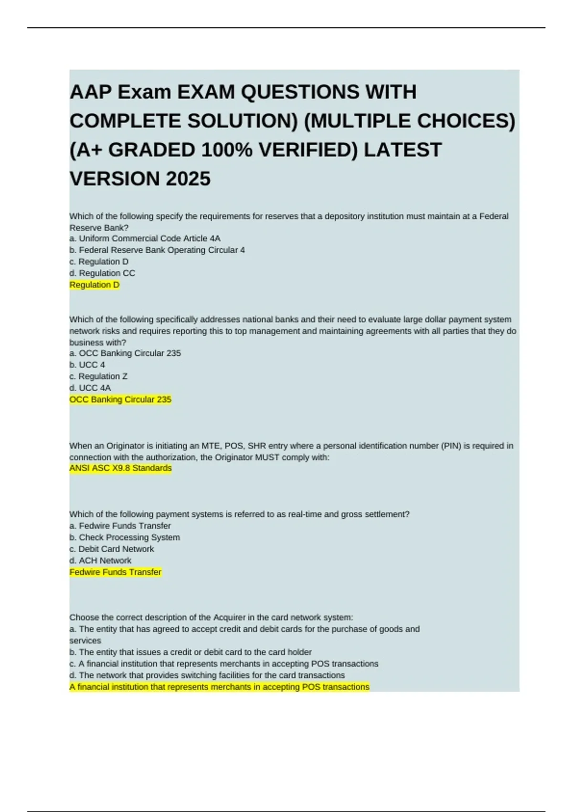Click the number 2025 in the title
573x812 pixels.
188,179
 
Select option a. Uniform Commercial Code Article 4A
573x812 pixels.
145,238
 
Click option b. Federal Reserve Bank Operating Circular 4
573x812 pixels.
157,250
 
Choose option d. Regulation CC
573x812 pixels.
102,273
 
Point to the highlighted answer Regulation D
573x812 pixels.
95,285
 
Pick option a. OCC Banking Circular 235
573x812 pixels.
125,353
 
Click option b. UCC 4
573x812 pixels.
87,365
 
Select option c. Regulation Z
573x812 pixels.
98,376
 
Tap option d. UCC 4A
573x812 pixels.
90,388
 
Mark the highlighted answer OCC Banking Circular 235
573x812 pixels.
120,399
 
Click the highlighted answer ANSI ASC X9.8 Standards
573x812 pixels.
120,468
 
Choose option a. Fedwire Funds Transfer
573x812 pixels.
120,526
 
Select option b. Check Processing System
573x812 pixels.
125,537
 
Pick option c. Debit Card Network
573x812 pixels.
112,549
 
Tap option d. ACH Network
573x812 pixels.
100,560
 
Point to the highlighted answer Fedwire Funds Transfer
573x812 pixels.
116,572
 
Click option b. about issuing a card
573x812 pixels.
191,652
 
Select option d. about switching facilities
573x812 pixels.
207,675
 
